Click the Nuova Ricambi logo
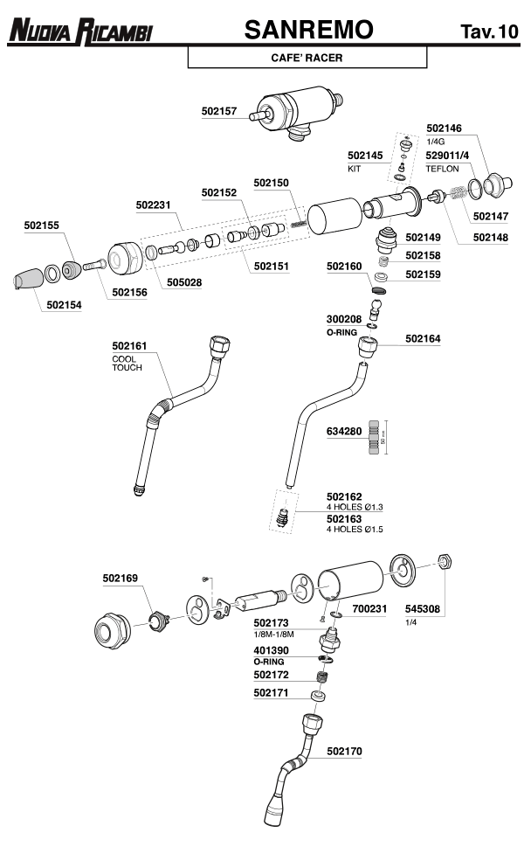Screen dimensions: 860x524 tap(80, 32)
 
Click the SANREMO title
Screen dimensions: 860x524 tap(309, 31)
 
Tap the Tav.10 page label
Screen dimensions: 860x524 tap(489, 33)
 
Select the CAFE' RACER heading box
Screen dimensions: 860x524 tap(307, 58)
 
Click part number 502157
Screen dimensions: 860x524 tap(219, 111)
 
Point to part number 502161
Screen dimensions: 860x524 tap(130, 347)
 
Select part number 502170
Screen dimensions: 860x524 tap(344, 750)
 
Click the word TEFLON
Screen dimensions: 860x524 tap(442, 168)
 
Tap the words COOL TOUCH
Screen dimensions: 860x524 tap(127, 364)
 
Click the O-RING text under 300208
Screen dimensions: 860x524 tap(343, 332)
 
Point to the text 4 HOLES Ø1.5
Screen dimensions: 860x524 tap(355, 530)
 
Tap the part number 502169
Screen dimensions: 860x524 tap(121, 578)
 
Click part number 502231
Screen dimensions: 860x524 tap(154, 205)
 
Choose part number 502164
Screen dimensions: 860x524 tap(423, 338)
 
